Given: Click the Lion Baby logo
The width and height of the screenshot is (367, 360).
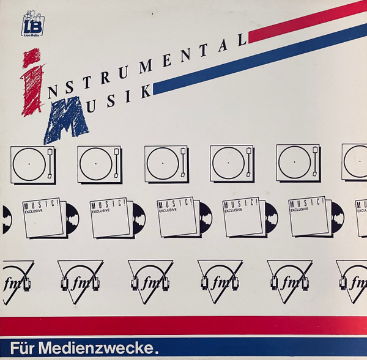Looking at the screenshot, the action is tap(33, 23).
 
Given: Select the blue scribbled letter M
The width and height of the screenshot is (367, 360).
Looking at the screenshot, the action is tap(66, 119).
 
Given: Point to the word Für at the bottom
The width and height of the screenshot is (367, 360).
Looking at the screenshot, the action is tap(23, 348).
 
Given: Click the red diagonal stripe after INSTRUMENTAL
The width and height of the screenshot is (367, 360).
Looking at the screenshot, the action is tap(308, 22).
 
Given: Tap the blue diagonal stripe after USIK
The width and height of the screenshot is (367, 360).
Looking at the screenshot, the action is tap(260, 59).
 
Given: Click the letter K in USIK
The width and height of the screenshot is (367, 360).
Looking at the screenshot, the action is tap(146, 91).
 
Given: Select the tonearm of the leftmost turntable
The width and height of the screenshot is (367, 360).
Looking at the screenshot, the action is tap(50, 163).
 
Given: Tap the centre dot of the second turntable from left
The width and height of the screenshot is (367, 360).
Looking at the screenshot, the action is tap(96, 164).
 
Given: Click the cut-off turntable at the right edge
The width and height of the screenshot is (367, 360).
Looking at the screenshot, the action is tap(354, 162).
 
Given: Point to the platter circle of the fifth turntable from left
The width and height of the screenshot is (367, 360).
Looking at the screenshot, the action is tap(279, 162).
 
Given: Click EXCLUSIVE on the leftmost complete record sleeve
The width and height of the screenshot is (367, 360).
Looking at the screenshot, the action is tap(34, 211).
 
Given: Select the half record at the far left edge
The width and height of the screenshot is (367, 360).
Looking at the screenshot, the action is tap(7, 219).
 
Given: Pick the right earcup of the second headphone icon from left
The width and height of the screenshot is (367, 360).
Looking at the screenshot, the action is tap(96, 283).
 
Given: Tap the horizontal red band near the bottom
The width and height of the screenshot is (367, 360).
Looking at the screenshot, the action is tap(183, 325).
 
